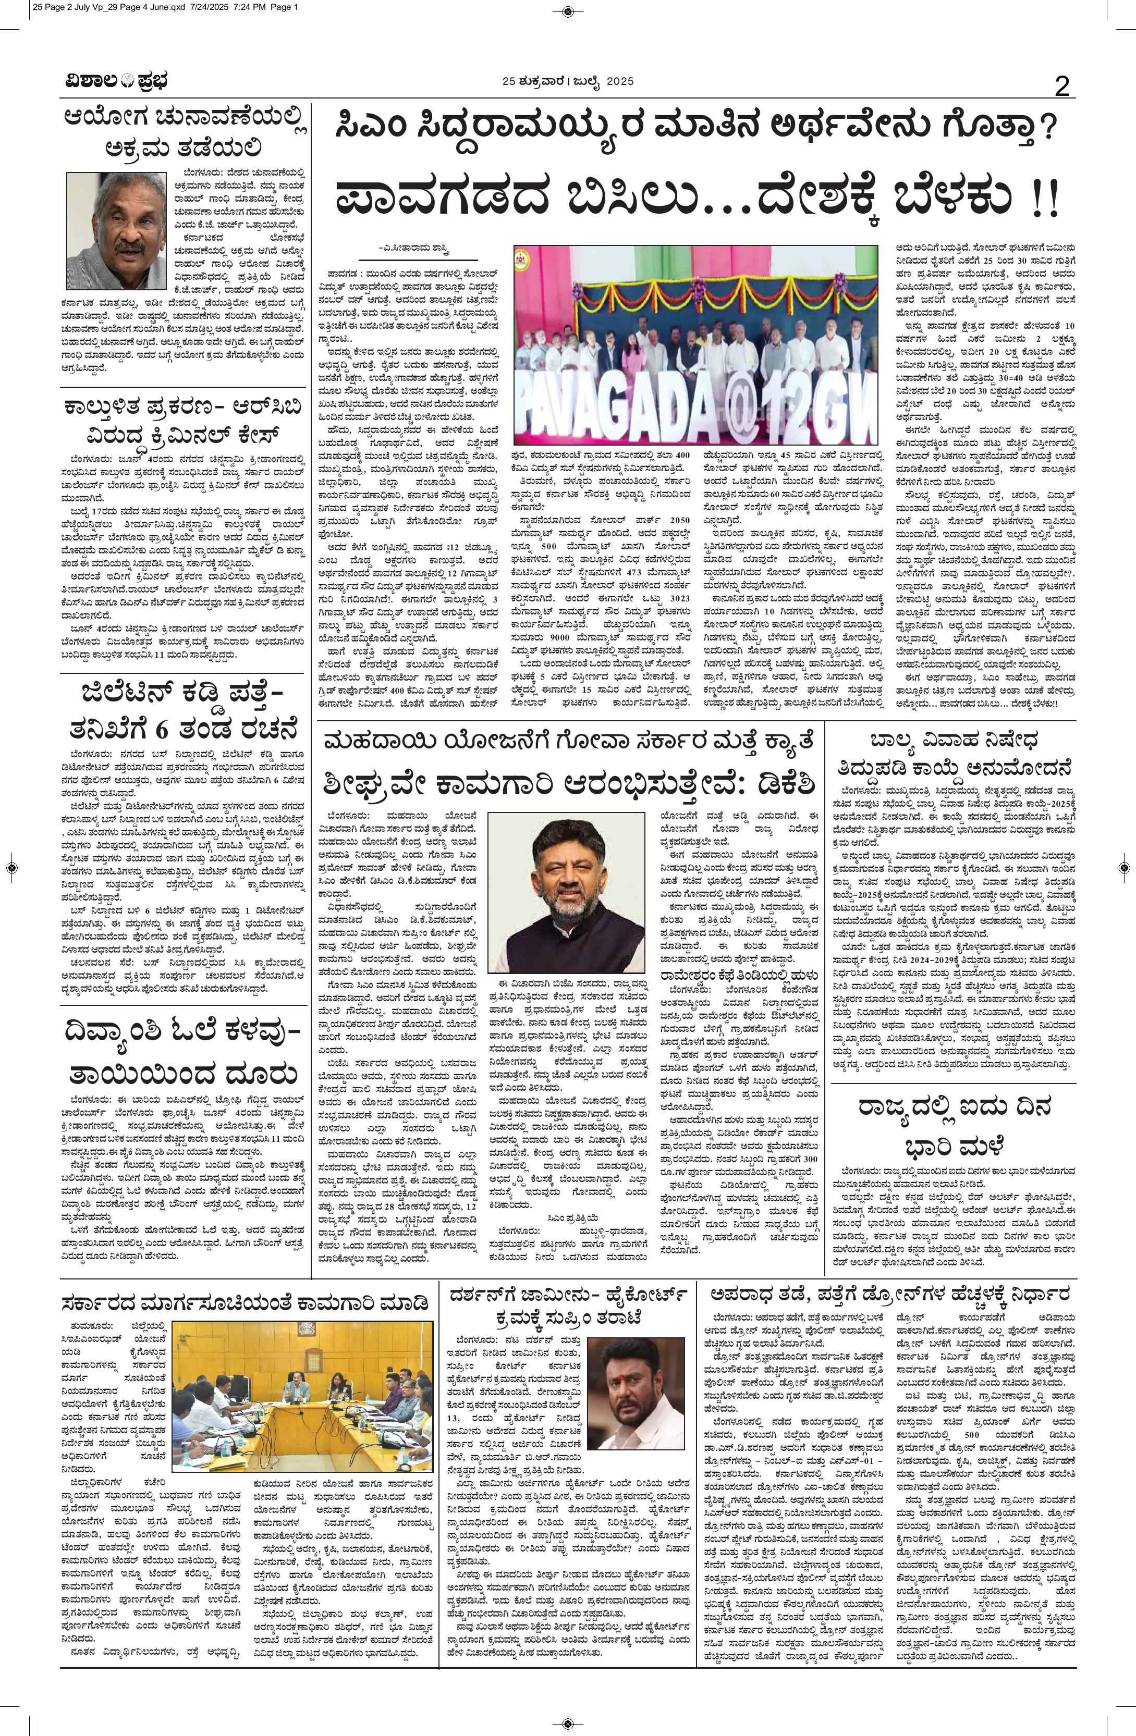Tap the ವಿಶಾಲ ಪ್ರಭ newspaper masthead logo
(x=114, y=82)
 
